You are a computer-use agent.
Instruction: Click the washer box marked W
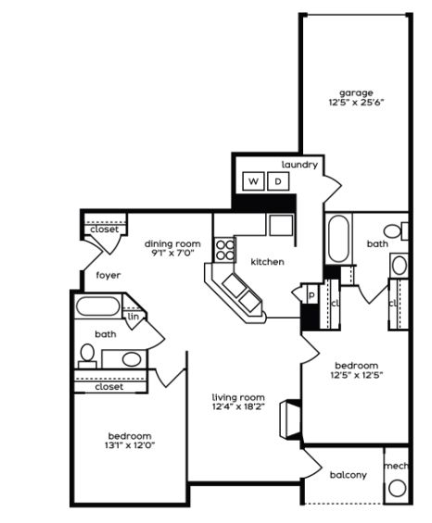(253, 181)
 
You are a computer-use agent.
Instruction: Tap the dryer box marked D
(278, 181)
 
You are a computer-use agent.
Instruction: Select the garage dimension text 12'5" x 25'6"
(356, 102)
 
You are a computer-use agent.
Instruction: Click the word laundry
(299, 165)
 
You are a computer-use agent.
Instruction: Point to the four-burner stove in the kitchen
(225, 250)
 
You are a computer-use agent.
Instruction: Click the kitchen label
(267, 262)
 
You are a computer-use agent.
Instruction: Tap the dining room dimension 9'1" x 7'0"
(172, 253)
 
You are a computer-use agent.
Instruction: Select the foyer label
(108, 276)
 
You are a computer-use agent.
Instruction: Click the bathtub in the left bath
(98, 306)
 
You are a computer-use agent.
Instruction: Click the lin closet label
(133, 317)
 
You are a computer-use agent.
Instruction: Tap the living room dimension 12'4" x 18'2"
(238, 406)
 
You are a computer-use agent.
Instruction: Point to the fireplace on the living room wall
(290, 419)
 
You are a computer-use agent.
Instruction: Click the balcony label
(349, 475)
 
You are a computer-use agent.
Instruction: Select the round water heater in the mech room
(398, 489)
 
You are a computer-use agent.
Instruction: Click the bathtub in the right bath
(338, 239)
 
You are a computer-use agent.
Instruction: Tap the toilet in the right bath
(396, 230)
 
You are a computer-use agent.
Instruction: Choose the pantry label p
(311, 295)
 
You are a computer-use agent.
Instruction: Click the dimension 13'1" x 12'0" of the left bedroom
(130, 445)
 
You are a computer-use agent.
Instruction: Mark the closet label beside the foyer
(104, 230)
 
